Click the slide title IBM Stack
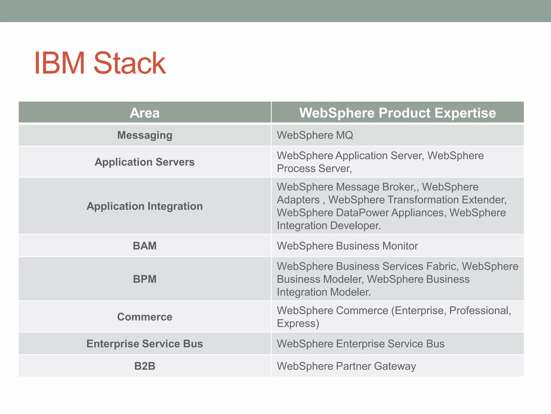pyautogui.click(x=100, y=63)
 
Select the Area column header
pyautogui.click(x=145, y=113)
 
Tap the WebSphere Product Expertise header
pyautogui.click(x=397, y=113)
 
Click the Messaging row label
pyautogui.click(x=145, y=135)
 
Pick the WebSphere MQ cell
pyautogui.click(x=315, y=135)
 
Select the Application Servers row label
pyautogui.click(x=145, y=162)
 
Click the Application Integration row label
pyautogui.click(x=145, y=206)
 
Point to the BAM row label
pyautogui.click(x=145, y=246)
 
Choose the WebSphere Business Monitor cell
pyautogui.click(x=347, y=246)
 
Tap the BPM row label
pyautogui.click(x=145, y=279)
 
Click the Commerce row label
pyautogui.click(x=145, y=317)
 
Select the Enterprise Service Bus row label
pyautogui.click(x=145, y=344)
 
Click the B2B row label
pyautogui.click(x=145, y=366)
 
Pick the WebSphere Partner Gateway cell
pyautogui.click(x=346, y=366)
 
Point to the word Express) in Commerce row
pyautogui.click(x=298, y=323)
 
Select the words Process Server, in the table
pyautogui.click(x=314, y=169)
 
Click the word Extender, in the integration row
pyautogui.click(x=484, y=200)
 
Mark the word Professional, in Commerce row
pyautogui.click(x=480, y=310)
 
